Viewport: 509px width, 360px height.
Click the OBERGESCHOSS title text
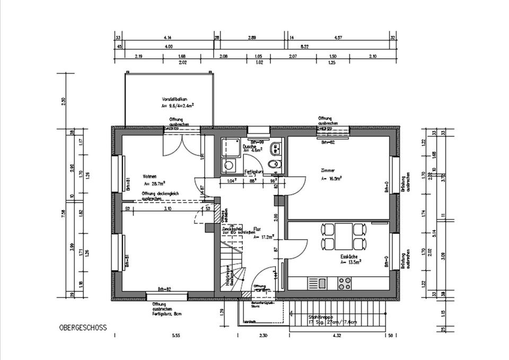click(x=83, y=328)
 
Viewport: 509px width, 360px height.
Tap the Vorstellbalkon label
click(x=175, y=100)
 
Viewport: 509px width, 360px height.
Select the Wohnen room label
click(x=149, y=177)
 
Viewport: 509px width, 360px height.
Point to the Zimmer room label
click(x=329, y=171)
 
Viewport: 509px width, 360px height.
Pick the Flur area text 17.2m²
click(x=263, y=237)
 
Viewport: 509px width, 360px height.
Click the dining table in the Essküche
click(x=344, y=236)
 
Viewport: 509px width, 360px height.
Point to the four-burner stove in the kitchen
click(x=345, y=284)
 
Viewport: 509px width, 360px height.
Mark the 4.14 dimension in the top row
click(x=167, y=38)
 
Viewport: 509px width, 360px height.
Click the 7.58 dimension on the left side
click(x=63, y=213)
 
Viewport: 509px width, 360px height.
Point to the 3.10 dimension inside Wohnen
click(x=168, y=209)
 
